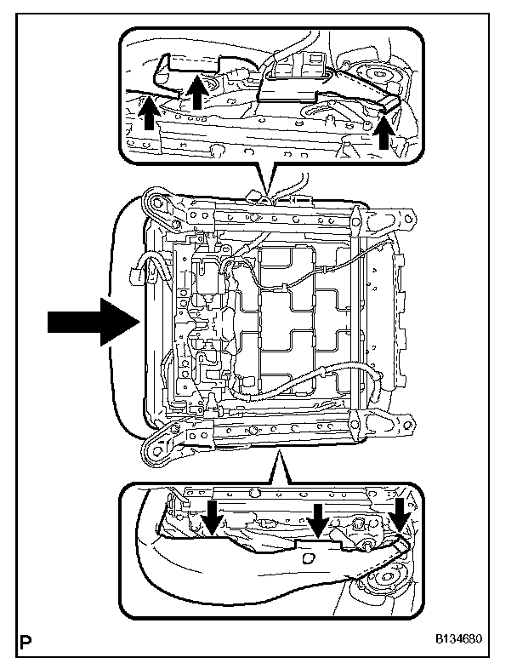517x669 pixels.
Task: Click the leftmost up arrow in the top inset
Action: coord(149,114)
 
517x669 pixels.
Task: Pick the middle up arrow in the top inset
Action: coord(196,93)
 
